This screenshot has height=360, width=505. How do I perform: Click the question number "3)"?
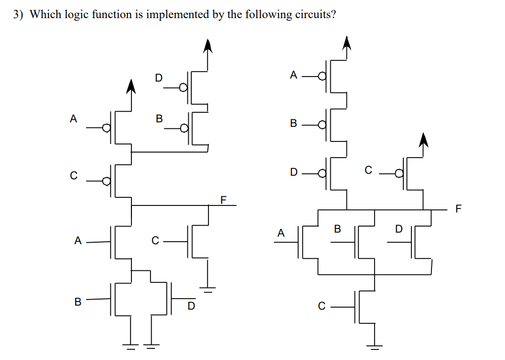pos(19,15)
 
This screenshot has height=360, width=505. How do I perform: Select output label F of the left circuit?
pos(224,200)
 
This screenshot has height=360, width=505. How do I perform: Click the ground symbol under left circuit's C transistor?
pos(207,289)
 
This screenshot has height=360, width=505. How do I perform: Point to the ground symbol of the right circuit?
pos(374,345)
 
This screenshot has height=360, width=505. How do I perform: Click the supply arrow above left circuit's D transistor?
pos(207,46)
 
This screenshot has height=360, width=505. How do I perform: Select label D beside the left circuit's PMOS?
pos(159,78)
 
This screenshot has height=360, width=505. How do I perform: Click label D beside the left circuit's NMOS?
pos(191,305)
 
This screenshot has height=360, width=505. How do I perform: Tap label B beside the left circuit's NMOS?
pos(78,302)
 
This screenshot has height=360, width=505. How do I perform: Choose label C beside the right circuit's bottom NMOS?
pos(322,306)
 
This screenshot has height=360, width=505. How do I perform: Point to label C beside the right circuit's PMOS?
pos(368,170)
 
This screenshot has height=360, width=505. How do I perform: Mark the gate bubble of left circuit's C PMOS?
pos(106,180)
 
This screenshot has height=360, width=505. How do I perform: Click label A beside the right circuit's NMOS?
pos(281,233)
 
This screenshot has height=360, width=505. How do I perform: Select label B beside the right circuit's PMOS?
pos(294,123)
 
